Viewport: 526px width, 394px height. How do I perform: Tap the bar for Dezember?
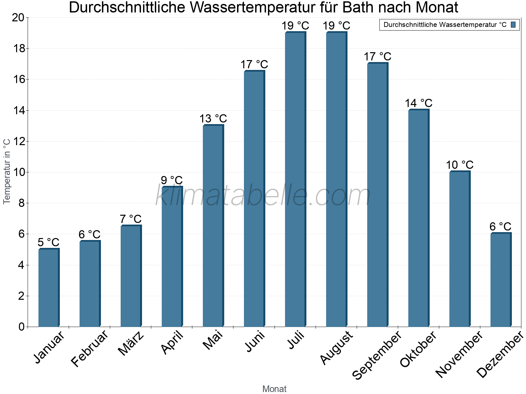click(501, 280)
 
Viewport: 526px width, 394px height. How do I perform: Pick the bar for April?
click(172, 256)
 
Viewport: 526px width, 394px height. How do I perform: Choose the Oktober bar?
click(418, 218)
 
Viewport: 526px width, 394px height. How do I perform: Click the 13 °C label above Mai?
click(213, 119)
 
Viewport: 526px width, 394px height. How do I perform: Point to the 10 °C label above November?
click(460, 165)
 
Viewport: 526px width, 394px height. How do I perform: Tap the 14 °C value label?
click(418, 103)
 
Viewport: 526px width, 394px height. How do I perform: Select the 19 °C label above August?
click(336, 26)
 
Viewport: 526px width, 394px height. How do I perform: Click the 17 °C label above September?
click(377, 56)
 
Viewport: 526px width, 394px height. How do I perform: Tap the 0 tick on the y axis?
click(22, 327)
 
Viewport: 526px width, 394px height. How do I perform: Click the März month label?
click(131, 343)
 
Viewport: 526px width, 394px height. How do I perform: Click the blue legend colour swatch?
click(513, 25)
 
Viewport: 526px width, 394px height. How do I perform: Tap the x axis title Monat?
click(274, 389)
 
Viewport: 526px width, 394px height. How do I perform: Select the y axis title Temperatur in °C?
click(7, 171)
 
